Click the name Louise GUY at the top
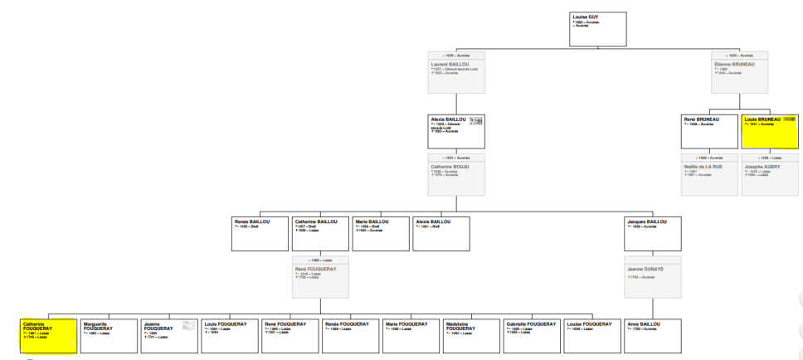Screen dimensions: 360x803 (586, 16)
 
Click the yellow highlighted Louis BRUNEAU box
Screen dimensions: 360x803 (768, 131)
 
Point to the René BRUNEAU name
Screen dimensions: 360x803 (701, 119)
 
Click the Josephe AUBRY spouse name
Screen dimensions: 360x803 (762, 166)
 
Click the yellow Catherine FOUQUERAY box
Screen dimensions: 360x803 (48, 335)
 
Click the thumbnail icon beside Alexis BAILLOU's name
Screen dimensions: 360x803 (476, 121)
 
